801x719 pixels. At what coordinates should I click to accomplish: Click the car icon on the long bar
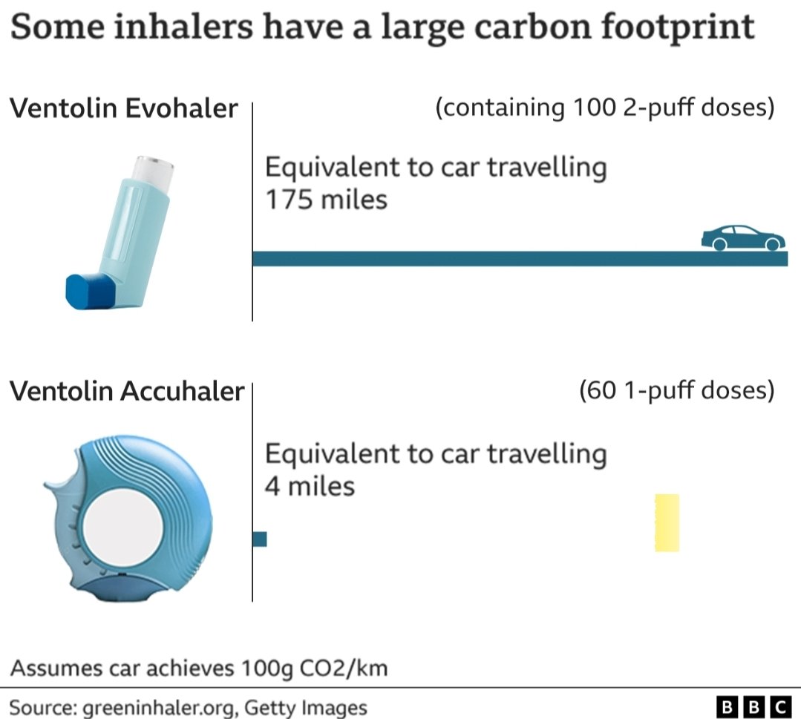click(742, 238)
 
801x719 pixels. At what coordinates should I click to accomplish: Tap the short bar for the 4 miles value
click(259, 539)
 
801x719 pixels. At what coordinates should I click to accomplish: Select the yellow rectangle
click(667, 522)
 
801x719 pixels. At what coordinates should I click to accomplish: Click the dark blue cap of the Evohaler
click(91, 290)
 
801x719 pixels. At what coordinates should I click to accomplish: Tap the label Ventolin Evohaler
click(123, 109)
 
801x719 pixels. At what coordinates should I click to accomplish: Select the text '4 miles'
click(310, 486)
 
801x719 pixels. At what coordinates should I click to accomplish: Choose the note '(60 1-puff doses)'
click(676, 390)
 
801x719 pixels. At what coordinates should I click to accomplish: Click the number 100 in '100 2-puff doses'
click(594, 108)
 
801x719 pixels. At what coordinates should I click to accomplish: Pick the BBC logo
click(753, 706)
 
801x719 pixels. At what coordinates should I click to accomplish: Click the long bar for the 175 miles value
click(475, 258)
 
